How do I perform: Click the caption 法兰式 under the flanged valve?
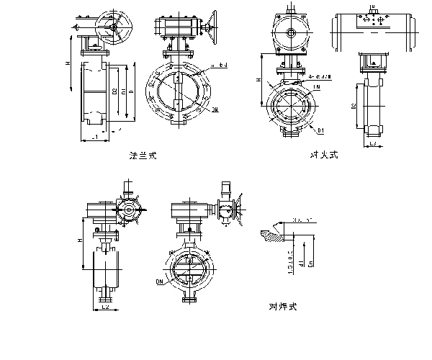tap(142, 154)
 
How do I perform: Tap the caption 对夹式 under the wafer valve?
tap(323, 153)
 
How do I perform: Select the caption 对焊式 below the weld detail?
tap(282, 306)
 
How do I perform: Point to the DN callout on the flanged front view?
tap(215, 109)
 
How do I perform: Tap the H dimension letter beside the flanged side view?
tap(67, 64)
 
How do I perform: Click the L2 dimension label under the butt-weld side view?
tap(105, 307)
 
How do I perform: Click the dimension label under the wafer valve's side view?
tap(373, 145)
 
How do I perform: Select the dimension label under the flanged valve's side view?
tap(94, 137)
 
